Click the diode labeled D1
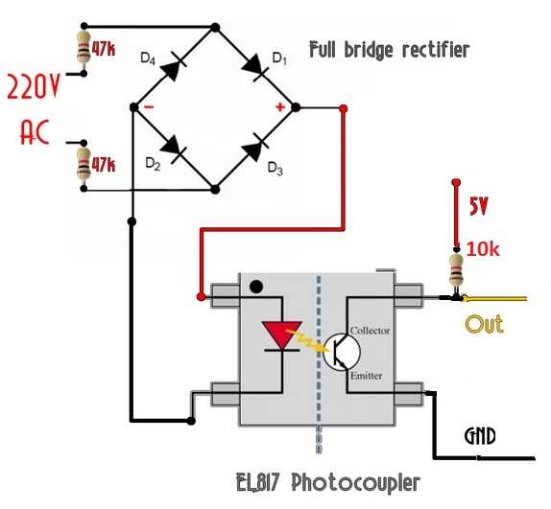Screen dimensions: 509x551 tap(256, 66)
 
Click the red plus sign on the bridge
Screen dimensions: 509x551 tap(280, 107)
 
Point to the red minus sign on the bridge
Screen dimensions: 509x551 tap(151, 107)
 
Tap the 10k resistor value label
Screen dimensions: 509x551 tap(483, 249)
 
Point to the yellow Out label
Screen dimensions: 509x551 tap(485, 323)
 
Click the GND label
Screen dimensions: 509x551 tap(479, 437)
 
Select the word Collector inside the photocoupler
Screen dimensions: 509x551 tap(371, 331)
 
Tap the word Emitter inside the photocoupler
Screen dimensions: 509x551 tap(369, 376)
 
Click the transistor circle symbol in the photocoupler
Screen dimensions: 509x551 tap(338, 353)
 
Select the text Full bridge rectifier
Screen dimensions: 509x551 tap(389, 50)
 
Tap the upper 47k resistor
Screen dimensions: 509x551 tap(84, 49)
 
